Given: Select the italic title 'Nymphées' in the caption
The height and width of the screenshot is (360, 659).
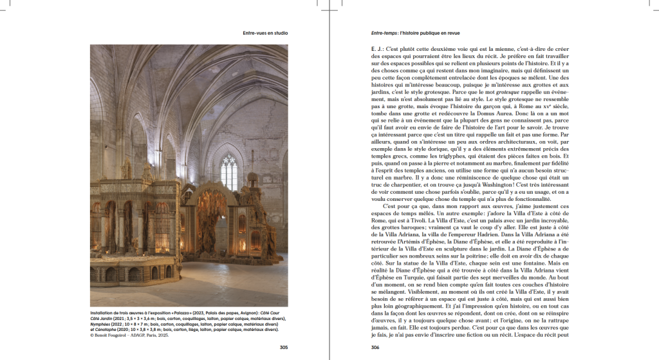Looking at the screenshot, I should [x=101, y=325].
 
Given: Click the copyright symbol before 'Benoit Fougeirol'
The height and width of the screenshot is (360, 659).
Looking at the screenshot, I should [x=93, y=335].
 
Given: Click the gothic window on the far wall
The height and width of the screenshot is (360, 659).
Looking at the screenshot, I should [x=229, y=171].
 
